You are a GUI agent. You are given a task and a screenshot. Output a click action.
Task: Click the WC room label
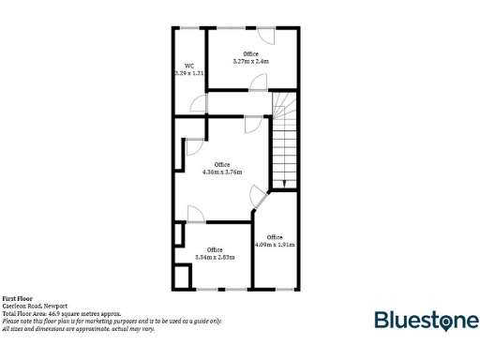[x=188, y=66]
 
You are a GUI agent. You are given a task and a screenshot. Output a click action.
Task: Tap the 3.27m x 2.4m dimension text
[x=250, y=61]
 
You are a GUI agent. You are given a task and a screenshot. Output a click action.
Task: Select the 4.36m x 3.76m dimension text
[x=222, y=172]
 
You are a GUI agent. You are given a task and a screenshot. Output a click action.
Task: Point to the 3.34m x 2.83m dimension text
[x=215, y=256]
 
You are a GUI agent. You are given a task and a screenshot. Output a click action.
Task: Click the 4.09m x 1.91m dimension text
[x=275, y=245]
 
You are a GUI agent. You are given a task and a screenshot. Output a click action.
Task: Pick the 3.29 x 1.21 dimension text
[x=188, y=72]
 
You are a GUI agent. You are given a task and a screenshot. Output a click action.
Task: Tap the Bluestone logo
[x=427, y=321]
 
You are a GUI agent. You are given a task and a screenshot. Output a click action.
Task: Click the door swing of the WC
[x=197, y=105]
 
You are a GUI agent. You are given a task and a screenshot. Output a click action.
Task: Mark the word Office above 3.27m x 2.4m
[x=250, y=53]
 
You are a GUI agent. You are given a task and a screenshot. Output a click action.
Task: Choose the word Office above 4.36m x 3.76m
[x=222, y=164]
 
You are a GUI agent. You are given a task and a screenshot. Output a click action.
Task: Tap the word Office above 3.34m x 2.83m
[x=215, y=248]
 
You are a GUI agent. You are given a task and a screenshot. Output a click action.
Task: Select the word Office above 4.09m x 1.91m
[x=275, y=237]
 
